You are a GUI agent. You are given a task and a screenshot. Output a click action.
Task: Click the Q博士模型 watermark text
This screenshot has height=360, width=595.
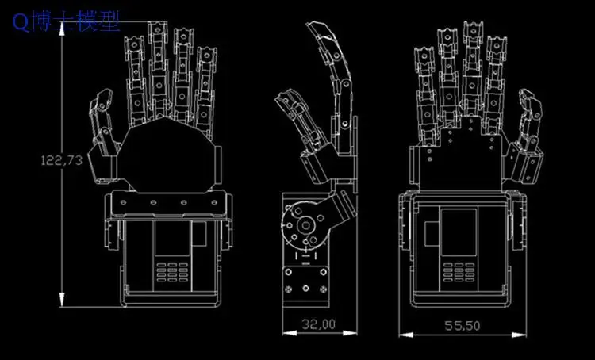[67, 21]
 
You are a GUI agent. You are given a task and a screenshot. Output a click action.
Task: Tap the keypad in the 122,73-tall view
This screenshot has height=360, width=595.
[172, 271]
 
